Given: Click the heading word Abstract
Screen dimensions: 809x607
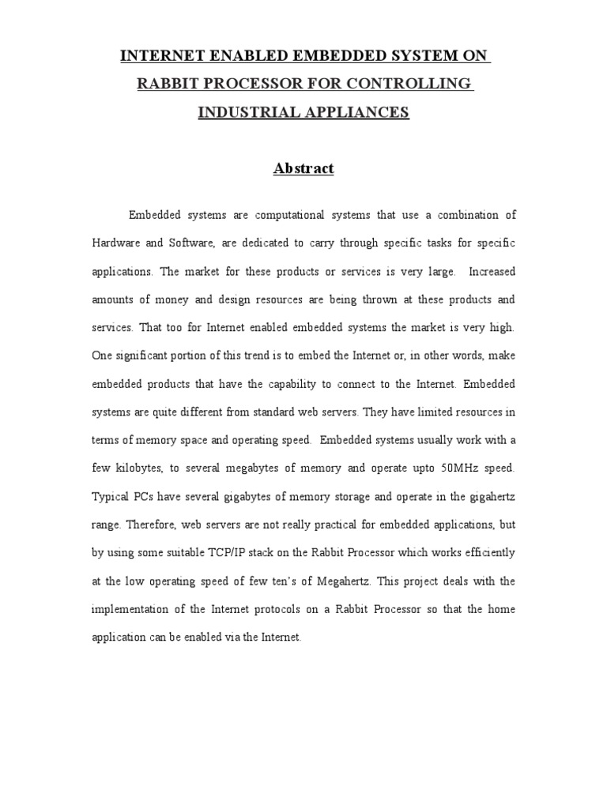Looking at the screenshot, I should click(303, 168).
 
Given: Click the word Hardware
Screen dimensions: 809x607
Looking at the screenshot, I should click(115, 243).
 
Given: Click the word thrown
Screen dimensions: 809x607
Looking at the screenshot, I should click(398, 299).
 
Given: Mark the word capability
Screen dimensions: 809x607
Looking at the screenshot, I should click(303, 384).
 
